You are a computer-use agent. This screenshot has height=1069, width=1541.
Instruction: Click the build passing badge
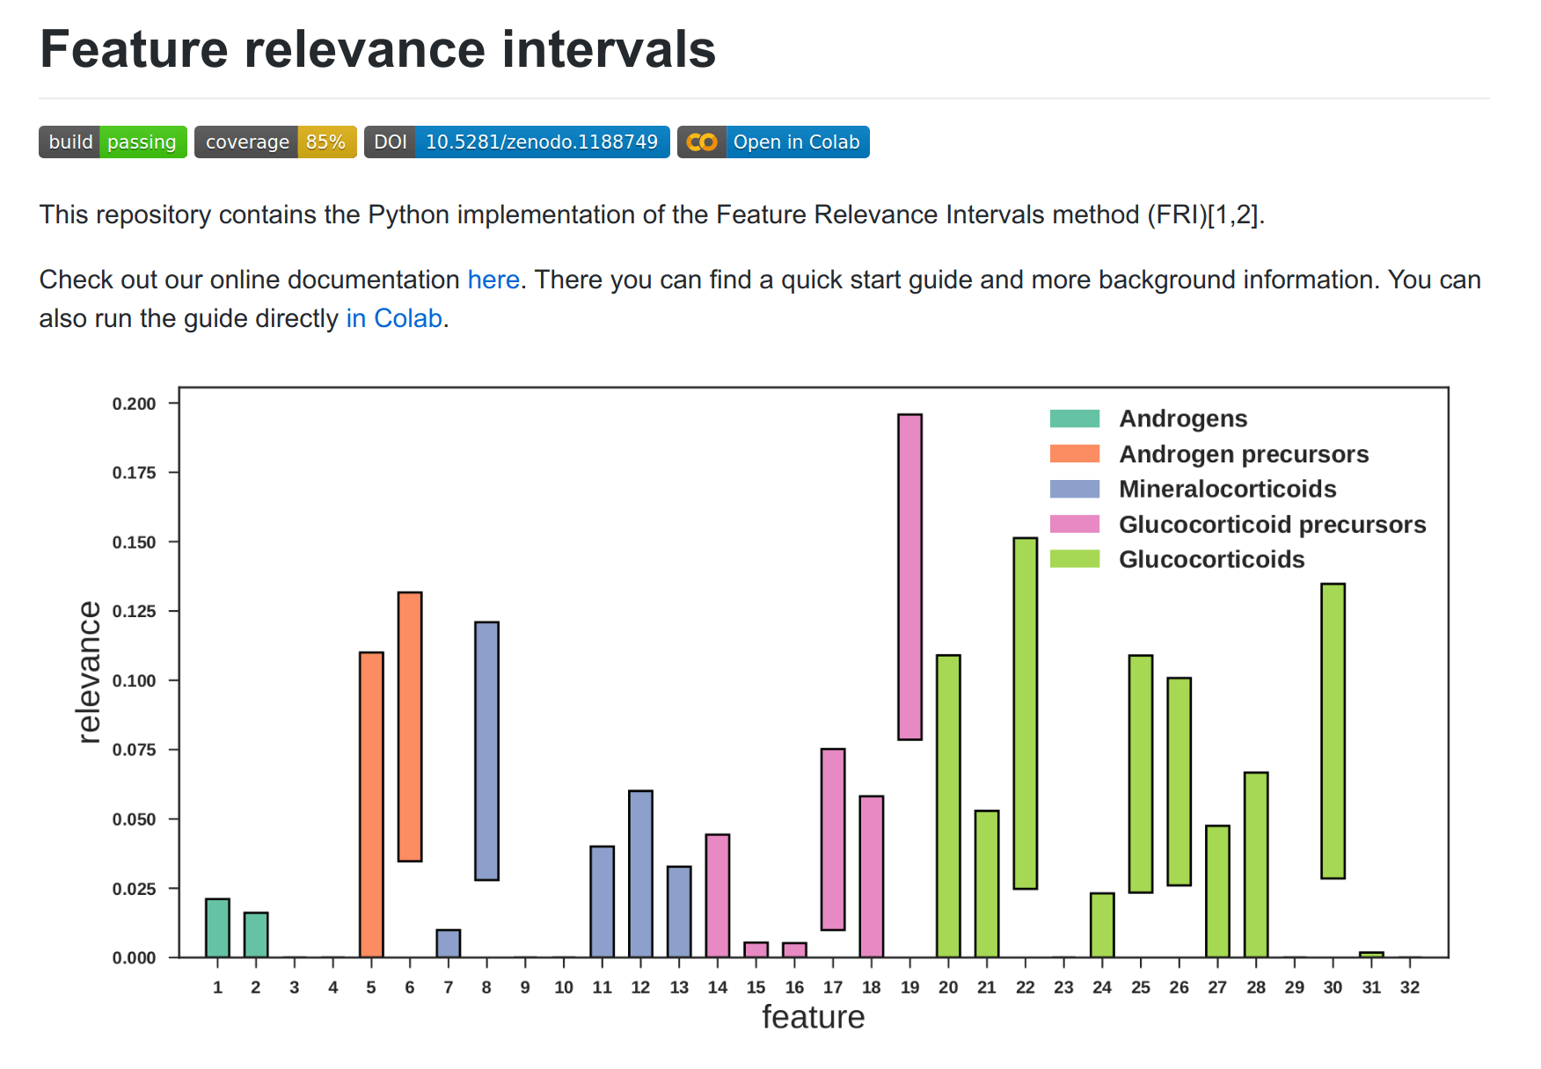click(113, 142)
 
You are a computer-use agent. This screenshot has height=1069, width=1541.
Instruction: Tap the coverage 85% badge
click(275, 142)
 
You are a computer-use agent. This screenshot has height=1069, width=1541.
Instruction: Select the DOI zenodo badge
click(516, 142)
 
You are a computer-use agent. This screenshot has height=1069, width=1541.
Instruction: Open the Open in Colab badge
click(773, 142)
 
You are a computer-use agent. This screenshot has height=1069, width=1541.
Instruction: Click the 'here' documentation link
click(493, 280)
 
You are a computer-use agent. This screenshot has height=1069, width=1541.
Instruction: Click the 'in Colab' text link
click(394, 318)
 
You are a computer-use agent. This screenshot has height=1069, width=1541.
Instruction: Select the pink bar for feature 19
click(909, 577)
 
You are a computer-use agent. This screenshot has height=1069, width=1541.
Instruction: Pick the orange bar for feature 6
click(410, 726)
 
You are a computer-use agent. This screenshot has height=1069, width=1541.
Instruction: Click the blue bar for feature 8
click(486, 750)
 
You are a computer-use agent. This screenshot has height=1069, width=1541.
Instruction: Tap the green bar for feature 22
click(1025, 713)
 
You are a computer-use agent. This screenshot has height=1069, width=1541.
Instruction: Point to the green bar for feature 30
click(1333, 731)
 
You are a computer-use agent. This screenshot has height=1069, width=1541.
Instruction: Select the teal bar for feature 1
click(217, 927)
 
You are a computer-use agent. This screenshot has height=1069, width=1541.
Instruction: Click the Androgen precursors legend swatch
click(1074, 454)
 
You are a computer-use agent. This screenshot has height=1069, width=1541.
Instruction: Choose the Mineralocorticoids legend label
click(1227, 489)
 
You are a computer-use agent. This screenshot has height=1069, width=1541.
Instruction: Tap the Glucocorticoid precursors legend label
click(1272, 524)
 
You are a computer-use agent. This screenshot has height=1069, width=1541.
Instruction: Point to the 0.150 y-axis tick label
click(134, 542)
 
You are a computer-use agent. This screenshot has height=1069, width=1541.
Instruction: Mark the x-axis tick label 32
click(1409, 987)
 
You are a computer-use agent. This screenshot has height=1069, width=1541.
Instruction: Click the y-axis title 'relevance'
click(89, 673)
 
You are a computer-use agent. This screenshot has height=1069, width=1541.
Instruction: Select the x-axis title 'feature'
click(813, 1017)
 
